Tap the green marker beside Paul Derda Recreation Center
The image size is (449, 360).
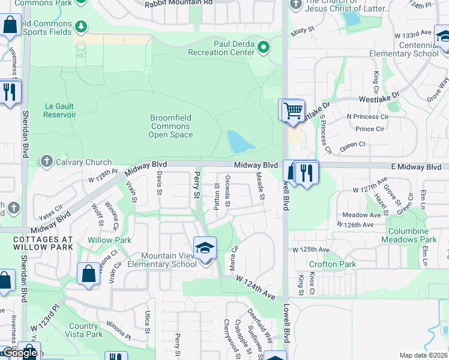(x=263, y=47)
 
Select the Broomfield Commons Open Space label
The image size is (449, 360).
(x=170, y=126)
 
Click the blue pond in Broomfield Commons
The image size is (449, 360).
(x=240, y=142)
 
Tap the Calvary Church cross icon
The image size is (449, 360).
(x=46, y=161)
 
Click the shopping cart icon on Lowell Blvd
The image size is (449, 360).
(x=292, y=111)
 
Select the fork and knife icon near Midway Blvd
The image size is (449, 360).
(x=307, y=173)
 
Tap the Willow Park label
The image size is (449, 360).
(x=109, y=240)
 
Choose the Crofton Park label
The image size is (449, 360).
(x=332, y=264)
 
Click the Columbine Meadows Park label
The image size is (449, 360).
(x=408, y=235)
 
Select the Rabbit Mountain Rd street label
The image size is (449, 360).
(x=179, y=3)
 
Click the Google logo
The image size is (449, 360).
(x=20, y=353)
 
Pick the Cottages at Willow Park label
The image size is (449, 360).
(x=43, y=243)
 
